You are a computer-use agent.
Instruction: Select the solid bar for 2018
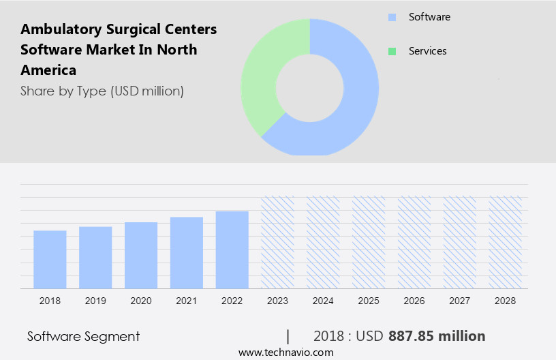pyautogui.click(x=50, y=260)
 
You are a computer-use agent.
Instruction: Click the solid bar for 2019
pyautogui.click(x=95, y=258)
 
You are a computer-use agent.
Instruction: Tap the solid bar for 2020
pyautogui.click(x=141, y=256)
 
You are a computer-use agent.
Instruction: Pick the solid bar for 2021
pyautogui.click(x=187, y=253)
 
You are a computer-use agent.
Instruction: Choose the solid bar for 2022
pyautogui.click(x=232, y=250)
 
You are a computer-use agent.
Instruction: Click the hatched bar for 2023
pyautogui.click(x=278, y=243)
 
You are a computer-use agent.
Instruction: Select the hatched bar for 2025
pyautogui.click(x=369, y=243)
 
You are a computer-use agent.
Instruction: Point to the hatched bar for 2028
pyautogui.click(x=506, y=243)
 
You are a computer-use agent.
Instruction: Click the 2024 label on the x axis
pyautogui.click(x=323, y=300)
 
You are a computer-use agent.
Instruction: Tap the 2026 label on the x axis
pyautogui.click(x=414, y=300)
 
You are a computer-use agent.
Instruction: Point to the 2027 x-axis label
pyautogui.click(x=460, y=300)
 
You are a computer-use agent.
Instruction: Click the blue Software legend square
pyautogui.click(x=392, y=17)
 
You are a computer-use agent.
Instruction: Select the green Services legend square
pyautogui.click(x=392, y=51)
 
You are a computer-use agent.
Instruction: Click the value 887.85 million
pyautogui.click(x=437, y=336)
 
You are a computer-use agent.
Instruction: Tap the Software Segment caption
pyautogui.click(x=83, y=336)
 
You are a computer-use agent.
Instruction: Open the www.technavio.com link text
pyautogui.click(x=285, y=352)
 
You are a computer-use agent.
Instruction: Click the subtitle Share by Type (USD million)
pyautogui.click(x=102, y=91)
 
